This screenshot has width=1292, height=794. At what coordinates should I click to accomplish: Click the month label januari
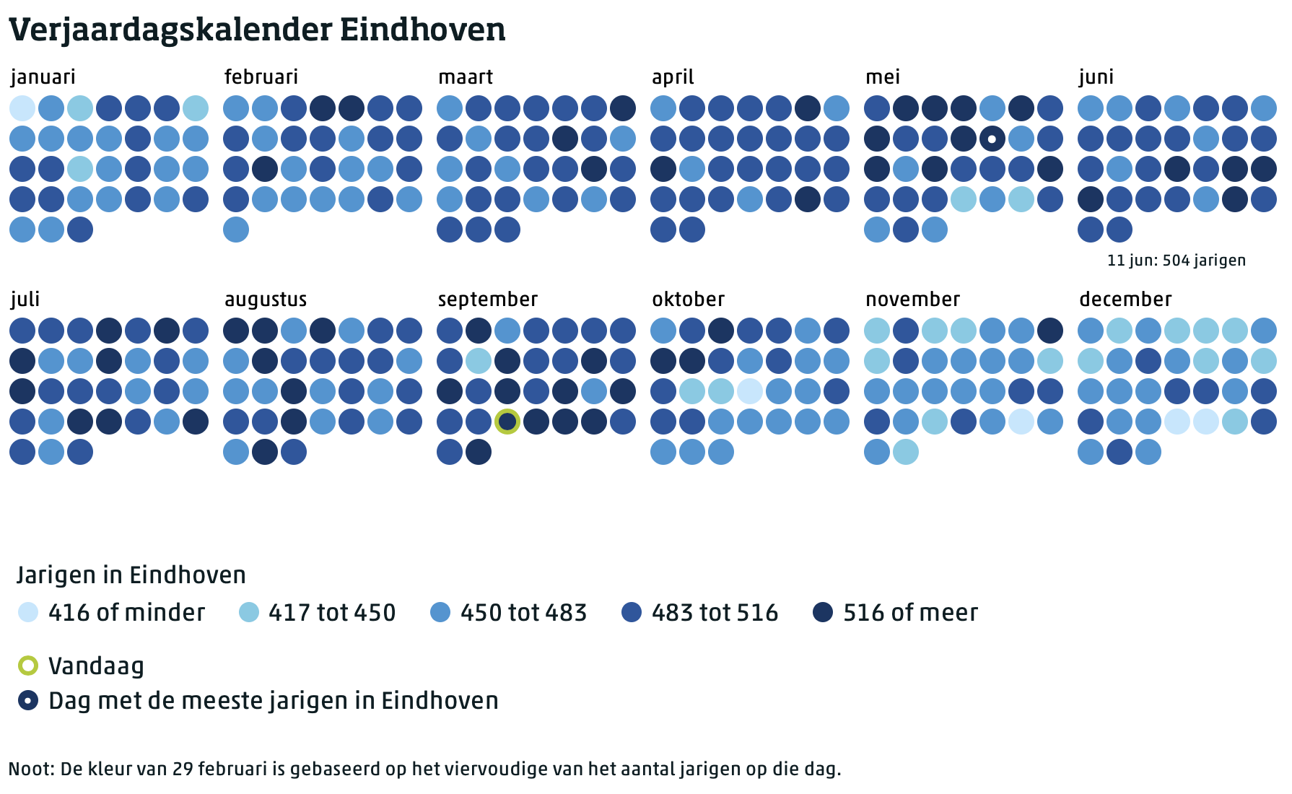coord(43,77)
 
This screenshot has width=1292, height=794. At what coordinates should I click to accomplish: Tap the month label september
coord(488,300)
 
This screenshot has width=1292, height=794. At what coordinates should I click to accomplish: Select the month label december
coord(1125,300)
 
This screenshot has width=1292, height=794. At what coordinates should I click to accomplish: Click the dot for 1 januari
coord(22,108)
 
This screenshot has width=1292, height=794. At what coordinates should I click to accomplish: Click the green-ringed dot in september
coord(507,421)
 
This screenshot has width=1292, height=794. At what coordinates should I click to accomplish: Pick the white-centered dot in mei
coord(992,139)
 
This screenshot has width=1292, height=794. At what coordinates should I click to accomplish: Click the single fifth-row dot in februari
coord(236,230)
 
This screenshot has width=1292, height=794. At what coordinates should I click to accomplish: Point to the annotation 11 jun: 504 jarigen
coord(1177,261)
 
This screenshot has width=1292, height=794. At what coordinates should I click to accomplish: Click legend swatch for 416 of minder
coord(28,613)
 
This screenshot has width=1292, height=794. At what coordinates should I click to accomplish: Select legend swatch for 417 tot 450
coord(248,613)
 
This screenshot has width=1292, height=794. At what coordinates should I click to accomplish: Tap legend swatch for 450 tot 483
coord(440,613)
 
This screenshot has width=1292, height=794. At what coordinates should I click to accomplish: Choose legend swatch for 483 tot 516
coord(632,613)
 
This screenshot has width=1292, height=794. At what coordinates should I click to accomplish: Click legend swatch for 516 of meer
coord(823,613)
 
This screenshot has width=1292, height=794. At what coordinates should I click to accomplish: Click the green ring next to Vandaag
coord(28,666)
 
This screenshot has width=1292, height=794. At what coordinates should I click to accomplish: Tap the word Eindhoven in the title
coord(422,30)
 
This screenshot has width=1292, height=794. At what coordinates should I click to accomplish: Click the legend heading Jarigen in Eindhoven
coord(131,575)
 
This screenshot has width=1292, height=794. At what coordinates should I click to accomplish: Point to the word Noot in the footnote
coord(30,769)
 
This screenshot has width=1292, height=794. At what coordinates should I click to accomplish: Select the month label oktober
coord(688,300)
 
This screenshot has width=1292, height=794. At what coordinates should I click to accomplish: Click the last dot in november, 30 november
coord(906,452)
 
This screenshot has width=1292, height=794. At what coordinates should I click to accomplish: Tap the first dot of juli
coord(22,331)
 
